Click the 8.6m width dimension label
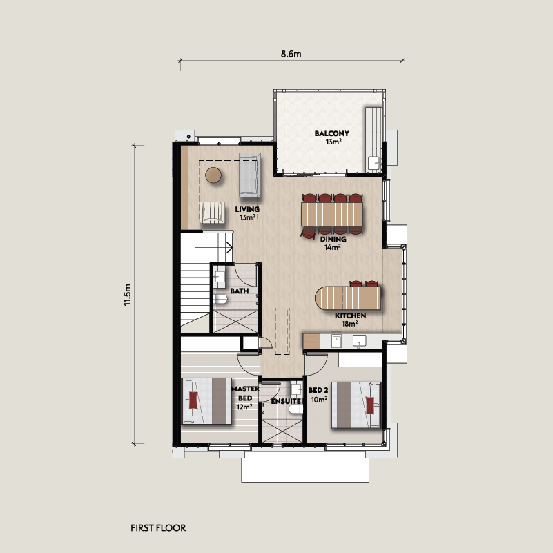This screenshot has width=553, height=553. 291,54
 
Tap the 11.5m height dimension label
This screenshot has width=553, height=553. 127,295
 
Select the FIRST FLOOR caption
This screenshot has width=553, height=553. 158,528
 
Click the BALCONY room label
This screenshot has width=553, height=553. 332,133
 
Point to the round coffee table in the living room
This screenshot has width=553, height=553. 213,175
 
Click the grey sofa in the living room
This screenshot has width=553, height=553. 250,175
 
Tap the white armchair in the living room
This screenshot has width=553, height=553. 212,213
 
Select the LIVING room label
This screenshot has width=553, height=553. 247,209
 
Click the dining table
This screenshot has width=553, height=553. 332,214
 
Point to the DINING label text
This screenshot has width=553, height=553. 333,239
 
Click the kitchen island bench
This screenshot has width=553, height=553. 348,298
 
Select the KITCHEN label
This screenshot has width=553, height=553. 350,316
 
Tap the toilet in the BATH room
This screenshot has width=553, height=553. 220,300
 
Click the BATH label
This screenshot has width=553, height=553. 240,291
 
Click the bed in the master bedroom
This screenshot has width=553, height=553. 206,401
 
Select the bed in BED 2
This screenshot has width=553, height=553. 357,405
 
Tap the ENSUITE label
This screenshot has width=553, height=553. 285,401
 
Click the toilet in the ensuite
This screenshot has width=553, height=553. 295,409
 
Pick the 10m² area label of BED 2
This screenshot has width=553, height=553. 319,400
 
